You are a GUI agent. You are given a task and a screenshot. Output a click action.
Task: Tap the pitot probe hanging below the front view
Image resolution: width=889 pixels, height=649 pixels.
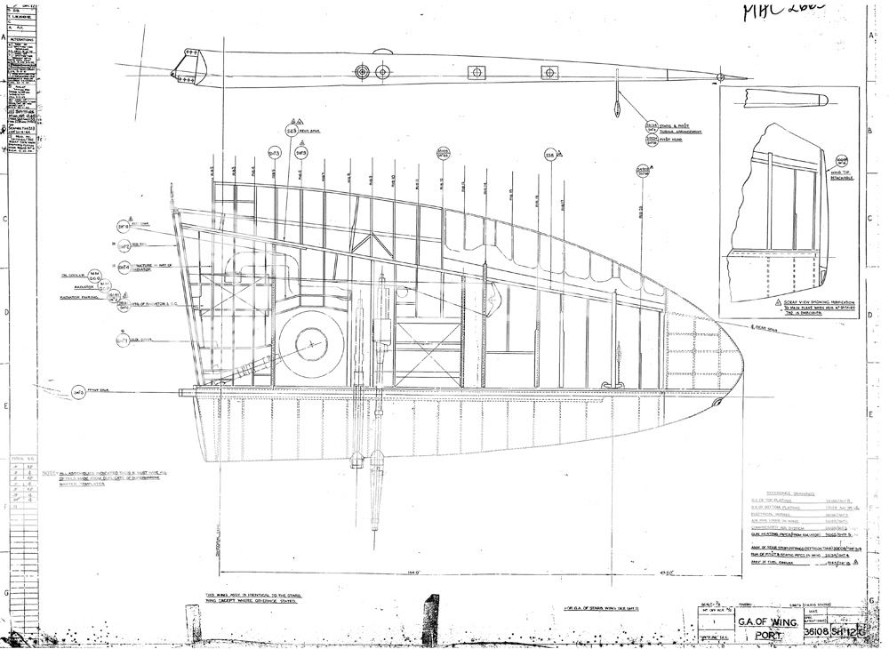(x=616, y=104)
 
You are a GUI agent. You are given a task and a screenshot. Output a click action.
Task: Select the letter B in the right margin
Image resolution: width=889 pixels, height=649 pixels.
(x=869, y=129)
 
